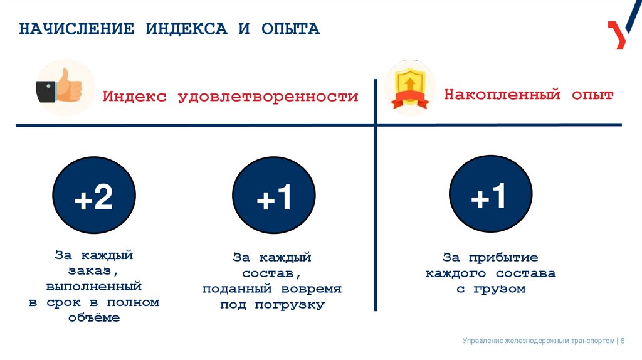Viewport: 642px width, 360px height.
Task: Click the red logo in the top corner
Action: (617, 34)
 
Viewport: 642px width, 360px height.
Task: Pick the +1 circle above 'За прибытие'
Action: (490, 198)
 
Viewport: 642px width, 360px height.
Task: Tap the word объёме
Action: (93, 318)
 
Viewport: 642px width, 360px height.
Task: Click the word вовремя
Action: (311, 289)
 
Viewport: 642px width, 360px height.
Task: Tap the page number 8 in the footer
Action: (623, 341)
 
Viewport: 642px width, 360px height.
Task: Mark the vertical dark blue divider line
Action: (375, 220)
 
